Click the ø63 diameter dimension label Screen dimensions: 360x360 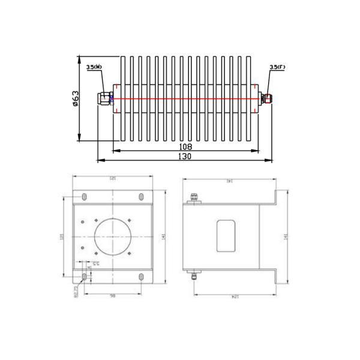75,98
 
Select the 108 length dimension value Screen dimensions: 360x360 185,147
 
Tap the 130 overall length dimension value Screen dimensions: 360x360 185,156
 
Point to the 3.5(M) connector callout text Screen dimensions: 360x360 94,67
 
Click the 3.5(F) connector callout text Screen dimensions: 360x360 277,67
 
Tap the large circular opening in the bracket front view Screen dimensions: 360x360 113,236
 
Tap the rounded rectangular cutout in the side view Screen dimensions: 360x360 226,236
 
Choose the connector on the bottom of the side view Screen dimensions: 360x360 194,277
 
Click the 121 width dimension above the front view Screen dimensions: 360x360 112,178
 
